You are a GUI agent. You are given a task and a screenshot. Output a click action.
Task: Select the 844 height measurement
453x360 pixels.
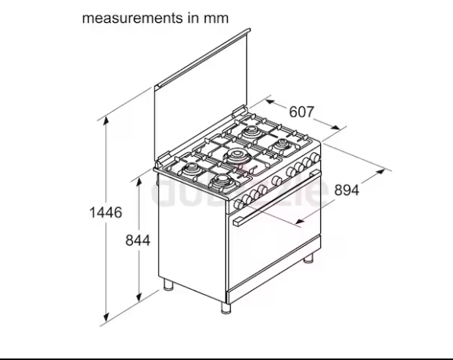[x=138, y=240]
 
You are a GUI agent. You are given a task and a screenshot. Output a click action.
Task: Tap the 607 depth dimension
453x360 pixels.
[x=302, y=112]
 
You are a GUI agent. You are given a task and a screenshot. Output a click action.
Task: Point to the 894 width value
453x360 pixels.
[x=346, y=191]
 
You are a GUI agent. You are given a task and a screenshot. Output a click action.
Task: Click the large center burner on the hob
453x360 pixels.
[x=238, y=157]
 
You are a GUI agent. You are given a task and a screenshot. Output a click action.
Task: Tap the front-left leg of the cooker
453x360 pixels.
[x=167, y=288]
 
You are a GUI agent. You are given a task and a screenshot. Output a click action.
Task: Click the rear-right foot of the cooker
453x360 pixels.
[x=308, y=261]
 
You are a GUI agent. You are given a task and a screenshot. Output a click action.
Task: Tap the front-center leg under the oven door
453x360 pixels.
[x=225, y=309]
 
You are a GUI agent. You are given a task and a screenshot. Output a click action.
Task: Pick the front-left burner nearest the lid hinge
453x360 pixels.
[x=190, y=166]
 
